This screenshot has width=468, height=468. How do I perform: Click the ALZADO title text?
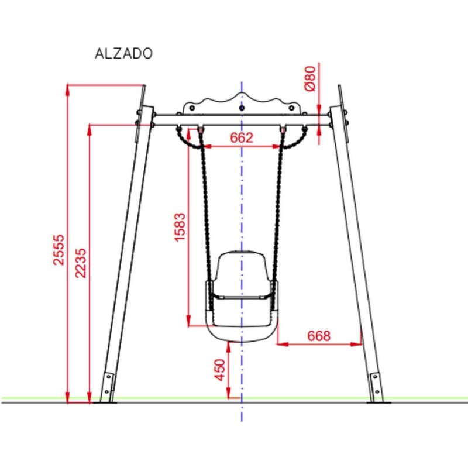123,53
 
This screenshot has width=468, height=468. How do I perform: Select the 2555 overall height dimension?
59,250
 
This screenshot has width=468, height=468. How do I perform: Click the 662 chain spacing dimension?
241,138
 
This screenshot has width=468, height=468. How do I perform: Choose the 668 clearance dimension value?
319,336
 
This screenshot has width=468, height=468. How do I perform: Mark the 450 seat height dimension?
220,370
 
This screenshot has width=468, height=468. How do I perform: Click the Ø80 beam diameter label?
310,78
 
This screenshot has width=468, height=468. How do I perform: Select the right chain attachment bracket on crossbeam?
284,128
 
